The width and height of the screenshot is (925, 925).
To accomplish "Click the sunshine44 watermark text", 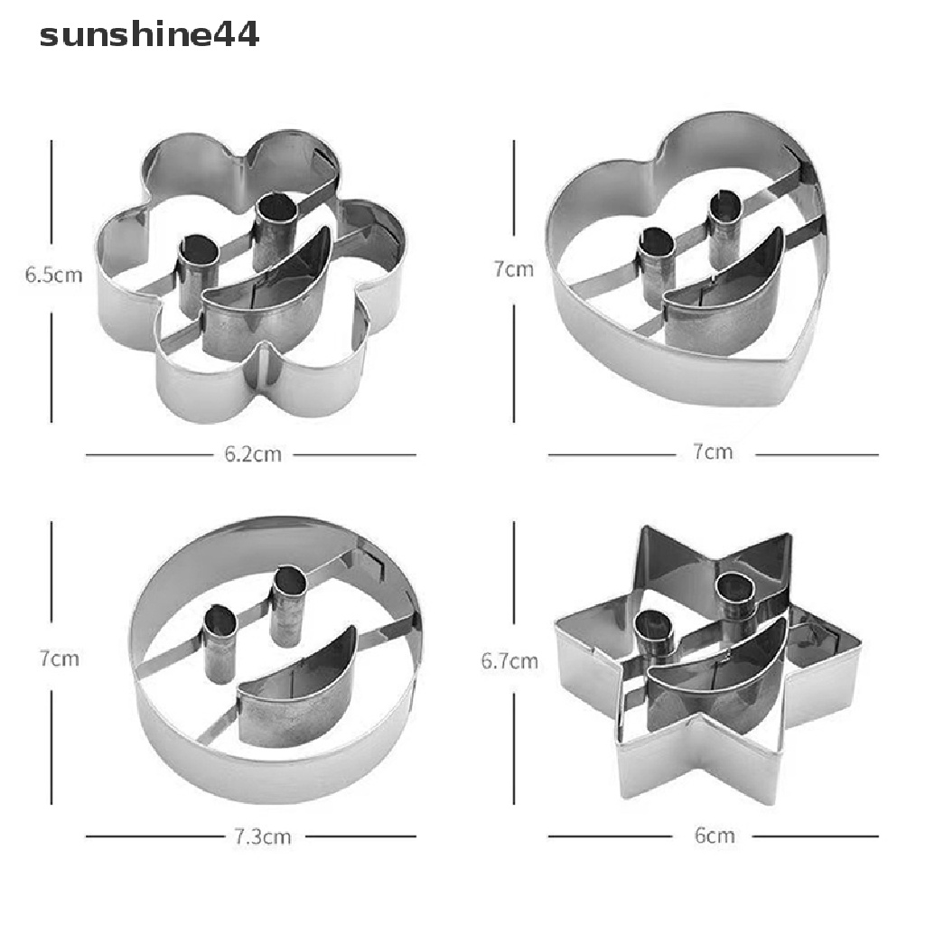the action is click(149, 35).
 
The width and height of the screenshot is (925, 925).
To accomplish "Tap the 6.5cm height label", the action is click(53, 275).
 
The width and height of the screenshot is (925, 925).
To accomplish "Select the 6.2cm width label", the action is click(253, 454).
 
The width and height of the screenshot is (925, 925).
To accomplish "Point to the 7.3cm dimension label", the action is click(263, 836).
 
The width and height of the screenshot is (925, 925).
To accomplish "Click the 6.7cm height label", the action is click(509, 660).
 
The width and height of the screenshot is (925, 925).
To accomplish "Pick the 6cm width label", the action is click(715, 836).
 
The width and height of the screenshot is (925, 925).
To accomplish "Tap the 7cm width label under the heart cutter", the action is click(713, 452).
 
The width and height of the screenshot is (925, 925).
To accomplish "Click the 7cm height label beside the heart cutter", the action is click(514, 269).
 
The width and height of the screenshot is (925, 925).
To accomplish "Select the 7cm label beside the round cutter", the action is click(60, 659).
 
